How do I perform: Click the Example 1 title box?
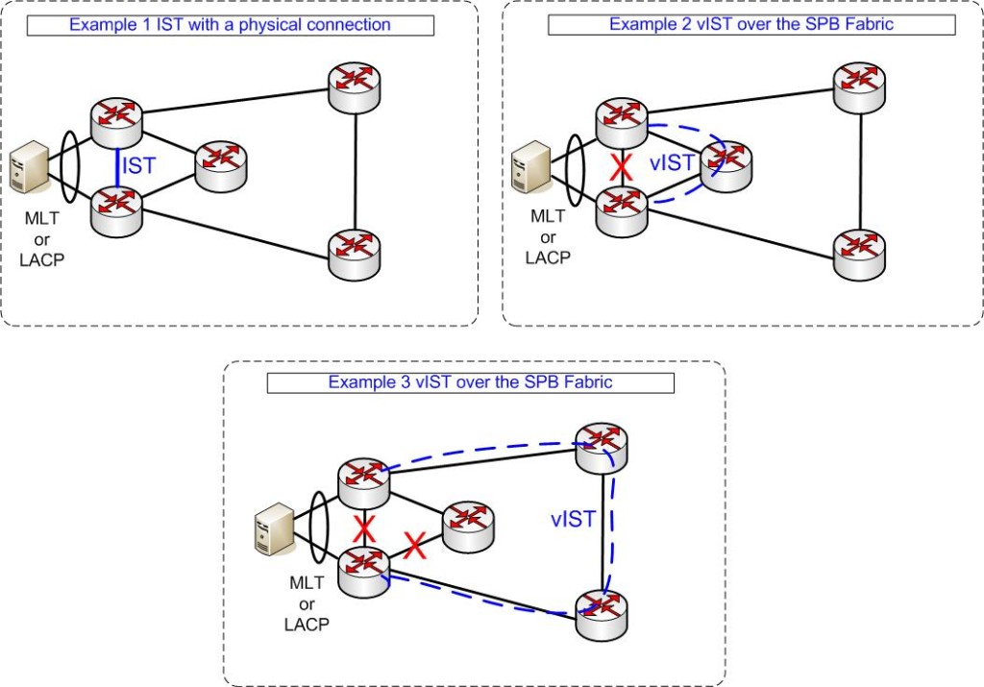tap(230, 25)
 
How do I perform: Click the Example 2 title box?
tap(751, 25)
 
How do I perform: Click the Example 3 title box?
tap(471, 382)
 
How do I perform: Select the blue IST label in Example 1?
tap(138, 166)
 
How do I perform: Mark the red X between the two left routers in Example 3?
tap(362, 528)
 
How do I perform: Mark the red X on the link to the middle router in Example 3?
tap(414, 546)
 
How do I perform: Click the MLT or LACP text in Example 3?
tap(307, 603)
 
